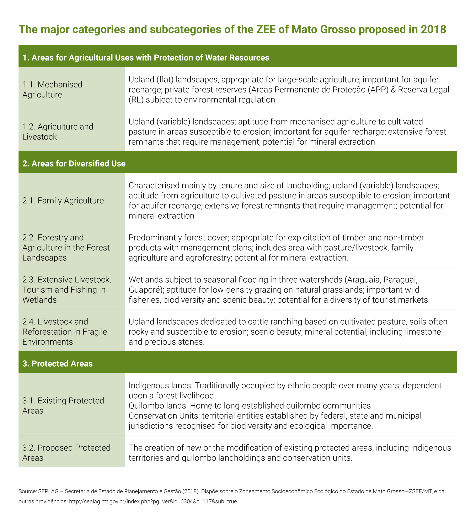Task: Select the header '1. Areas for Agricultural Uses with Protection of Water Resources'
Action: (146, 58)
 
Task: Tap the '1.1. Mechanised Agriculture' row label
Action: (52, 89)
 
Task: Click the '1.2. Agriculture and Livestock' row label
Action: (58, 132)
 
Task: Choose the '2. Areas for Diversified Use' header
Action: (74, 164)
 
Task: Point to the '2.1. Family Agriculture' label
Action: (63, 201)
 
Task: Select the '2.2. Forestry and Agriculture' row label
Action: (66, 248)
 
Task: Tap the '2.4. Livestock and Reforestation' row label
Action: (65, 332)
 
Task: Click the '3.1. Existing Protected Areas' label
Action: (63, 406)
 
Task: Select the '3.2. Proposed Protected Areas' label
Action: (66, 453)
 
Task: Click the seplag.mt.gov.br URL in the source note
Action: (153, 502)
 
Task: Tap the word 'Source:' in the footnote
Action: (27, 491)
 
